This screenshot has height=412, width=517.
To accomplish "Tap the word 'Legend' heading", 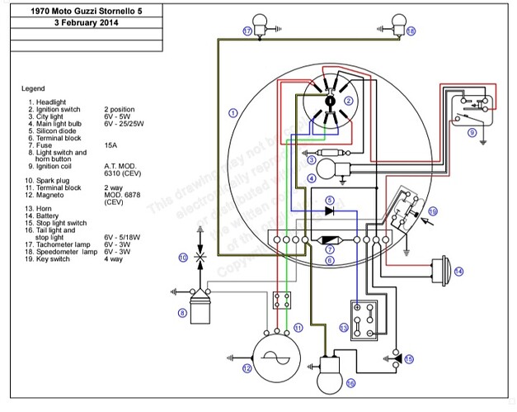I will (34, 88).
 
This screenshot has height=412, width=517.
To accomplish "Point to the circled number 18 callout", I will (411, 31).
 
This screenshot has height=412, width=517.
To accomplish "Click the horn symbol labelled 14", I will (442, 270).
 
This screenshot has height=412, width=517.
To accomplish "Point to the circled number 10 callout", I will (182, 258).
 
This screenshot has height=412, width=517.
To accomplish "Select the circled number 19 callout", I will (433, 211).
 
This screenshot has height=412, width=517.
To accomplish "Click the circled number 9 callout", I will (472, 131).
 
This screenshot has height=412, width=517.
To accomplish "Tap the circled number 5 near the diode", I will (329, 201).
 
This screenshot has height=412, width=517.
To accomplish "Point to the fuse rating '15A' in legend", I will (110, 145).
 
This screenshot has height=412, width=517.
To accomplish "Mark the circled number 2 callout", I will (349, 101).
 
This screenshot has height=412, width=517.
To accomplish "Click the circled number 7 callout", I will (329, 247).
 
